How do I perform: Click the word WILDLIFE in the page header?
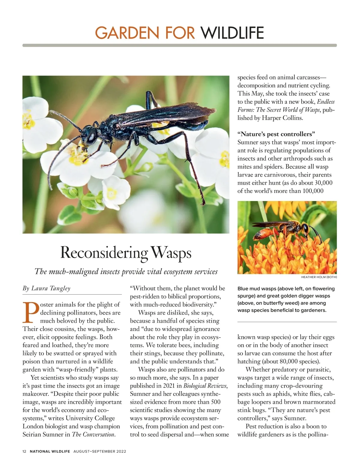[x=232, y=33]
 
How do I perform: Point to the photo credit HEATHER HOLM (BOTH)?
[x=319, y=277]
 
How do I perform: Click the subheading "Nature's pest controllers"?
[x=276, y=134]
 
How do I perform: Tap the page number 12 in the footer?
[x=25, y=451]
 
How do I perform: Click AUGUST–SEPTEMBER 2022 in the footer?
[x=100, y=451]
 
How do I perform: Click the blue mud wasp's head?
[x=90, y=136]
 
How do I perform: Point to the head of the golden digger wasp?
[x=305, y=229]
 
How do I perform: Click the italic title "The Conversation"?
[x=93, y=434]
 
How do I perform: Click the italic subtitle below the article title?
[x=126, y=272]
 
